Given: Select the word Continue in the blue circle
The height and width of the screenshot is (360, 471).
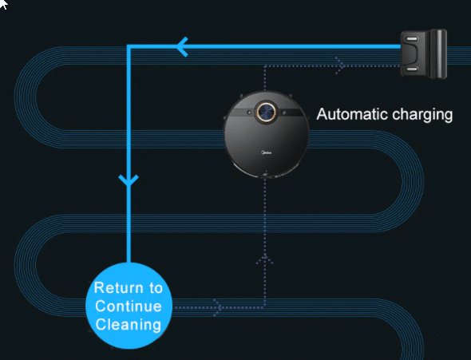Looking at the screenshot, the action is point(129,307).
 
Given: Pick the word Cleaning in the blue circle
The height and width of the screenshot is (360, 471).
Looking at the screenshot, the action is point(129,325).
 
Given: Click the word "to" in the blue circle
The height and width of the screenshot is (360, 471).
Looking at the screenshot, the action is point(156,288).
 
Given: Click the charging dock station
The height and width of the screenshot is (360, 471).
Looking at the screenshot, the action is point(424,54).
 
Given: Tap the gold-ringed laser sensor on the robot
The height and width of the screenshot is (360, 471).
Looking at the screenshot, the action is point(266,113).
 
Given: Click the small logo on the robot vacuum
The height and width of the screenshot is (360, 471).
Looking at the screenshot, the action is point(266,152).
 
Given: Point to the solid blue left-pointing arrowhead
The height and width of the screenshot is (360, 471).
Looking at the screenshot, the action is point(181,47).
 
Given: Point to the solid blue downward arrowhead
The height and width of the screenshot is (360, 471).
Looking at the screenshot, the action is point(129,180).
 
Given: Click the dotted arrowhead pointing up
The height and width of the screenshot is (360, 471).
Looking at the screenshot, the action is point(264,260).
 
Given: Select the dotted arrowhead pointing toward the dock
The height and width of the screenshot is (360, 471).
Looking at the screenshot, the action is point(340,65).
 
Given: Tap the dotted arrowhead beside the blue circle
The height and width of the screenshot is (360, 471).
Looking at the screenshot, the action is point(219,307).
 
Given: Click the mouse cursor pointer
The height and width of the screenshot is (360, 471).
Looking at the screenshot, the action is point(3,4).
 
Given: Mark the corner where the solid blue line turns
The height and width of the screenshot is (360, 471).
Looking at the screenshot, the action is point(129,46).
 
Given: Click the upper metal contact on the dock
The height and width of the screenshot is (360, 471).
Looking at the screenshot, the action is point(412,39).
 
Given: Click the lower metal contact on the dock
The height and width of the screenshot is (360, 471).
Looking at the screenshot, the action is point(412,69).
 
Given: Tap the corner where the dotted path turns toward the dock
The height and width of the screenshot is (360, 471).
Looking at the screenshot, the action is point(264,65).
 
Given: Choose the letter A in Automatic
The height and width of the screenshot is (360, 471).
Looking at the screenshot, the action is point(322,114).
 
